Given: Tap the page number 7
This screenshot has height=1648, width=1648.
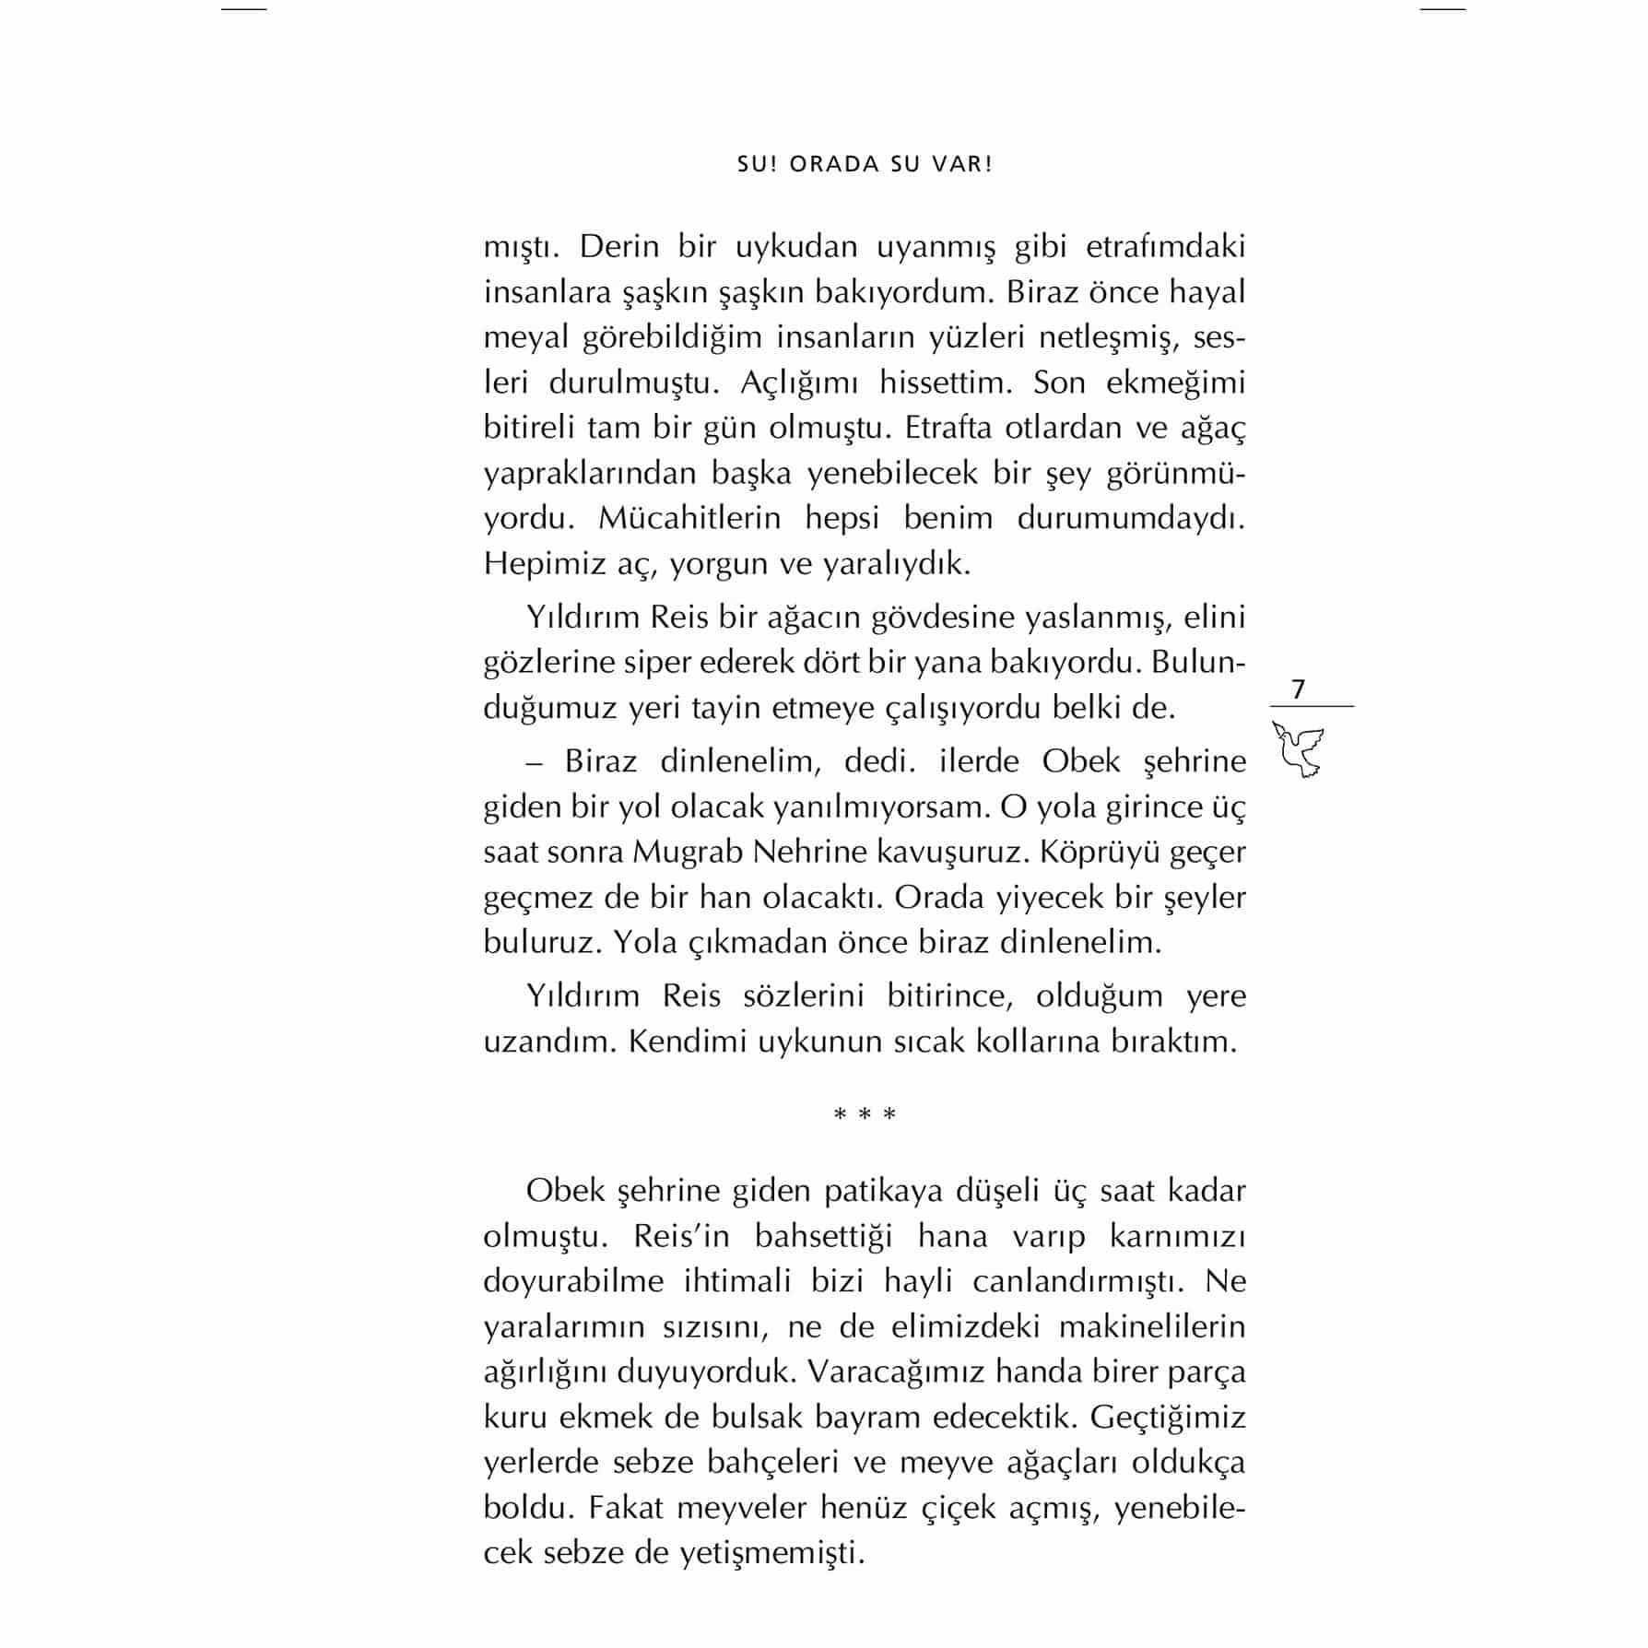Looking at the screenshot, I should (x=1299, y=689).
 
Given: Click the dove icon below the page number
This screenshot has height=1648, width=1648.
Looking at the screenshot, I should (x=1299, y=748).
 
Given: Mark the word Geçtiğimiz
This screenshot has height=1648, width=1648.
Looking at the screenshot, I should (x=1168, y=1417).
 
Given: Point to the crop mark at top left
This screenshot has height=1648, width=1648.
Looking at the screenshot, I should (x=244, y=9).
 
